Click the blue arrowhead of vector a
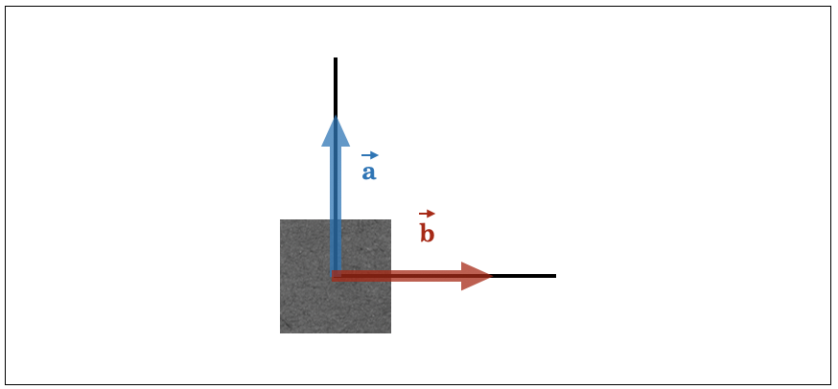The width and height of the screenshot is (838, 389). point(336,132)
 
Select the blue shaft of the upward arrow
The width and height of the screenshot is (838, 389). point(336,211)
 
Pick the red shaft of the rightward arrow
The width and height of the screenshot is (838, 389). point(397,276)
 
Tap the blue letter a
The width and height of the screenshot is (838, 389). point(369,172)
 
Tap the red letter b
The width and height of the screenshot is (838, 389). point(427,234)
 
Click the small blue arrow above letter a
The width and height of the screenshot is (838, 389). point(370,155)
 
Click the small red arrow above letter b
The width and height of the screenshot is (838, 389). point(427,214)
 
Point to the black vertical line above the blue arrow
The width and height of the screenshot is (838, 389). point(336,87)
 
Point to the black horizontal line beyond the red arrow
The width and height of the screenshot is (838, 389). point(524,276)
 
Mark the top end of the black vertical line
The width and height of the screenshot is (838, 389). point(336,57)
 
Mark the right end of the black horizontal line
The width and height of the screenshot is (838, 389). point(556,276)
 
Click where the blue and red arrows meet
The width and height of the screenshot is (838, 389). point(336,276)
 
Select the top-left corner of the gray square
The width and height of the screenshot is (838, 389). point(281,219)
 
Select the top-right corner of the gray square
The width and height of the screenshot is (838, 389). point(390,219)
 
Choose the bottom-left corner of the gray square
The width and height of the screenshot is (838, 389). point(281,332)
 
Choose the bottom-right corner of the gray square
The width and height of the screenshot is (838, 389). point(390,332)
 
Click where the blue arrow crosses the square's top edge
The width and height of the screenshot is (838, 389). point(336,219)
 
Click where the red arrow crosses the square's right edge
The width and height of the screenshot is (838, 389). point(390,276)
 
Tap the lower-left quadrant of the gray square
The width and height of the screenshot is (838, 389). point(308,305)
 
